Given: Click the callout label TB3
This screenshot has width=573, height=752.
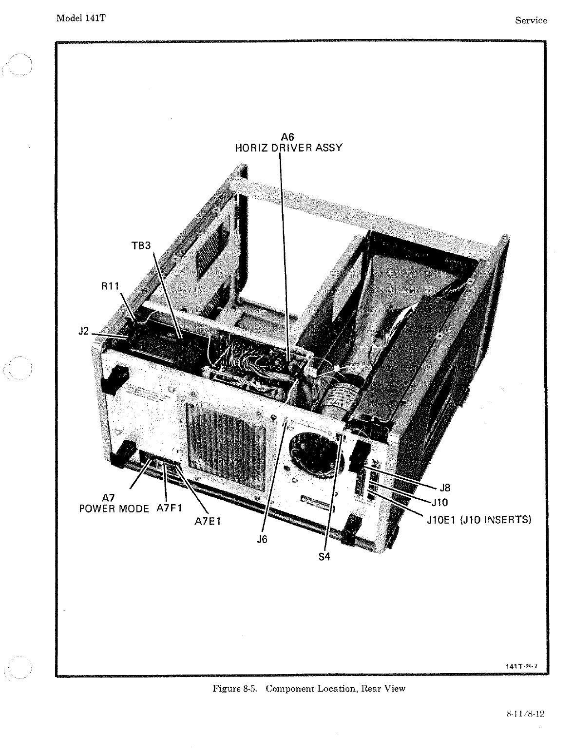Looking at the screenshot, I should click(141, 246).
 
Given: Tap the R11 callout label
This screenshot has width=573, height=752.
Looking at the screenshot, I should click(110, 286).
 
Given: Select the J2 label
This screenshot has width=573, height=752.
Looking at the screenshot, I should click(84, 332).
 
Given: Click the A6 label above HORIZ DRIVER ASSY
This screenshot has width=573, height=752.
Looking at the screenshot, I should click(288, 137).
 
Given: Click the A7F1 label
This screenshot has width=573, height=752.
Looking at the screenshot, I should click(169, 508).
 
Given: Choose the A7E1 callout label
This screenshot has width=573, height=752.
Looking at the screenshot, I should click(208, 522).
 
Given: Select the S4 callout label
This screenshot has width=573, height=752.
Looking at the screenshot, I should click(325, 556).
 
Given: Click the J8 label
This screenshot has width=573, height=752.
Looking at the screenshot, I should click(445, 488).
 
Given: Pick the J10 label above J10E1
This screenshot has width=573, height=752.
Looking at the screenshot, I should click(439, 502).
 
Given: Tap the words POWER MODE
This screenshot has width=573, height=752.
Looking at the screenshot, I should click(114, 509).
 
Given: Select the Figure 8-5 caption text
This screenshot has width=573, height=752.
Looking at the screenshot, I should click(309, 689).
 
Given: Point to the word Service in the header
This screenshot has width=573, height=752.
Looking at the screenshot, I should click(531, 20).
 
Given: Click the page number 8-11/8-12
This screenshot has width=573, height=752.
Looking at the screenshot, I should click(525, 714).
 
